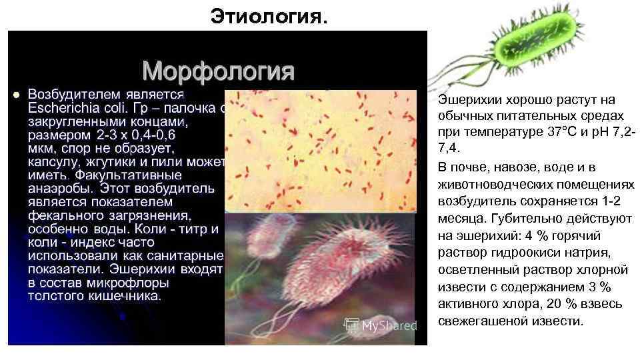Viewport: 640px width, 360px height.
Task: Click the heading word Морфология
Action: point(218,69)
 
